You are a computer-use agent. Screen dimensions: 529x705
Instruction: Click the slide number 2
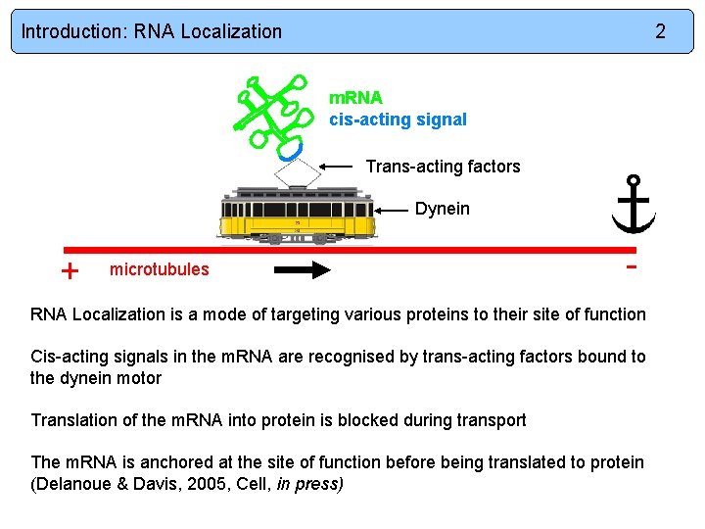[660, 31]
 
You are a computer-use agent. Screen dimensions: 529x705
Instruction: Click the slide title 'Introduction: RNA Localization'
[152, 31]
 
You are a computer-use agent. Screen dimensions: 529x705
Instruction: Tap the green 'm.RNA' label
[355, 98]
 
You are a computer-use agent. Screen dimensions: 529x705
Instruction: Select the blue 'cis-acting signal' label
[398, 120]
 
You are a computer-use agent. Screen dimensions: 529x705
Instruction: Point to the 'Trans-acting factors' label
[443, 167]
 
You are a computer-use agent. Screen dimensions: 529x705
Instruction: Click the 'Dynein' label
[442, 209]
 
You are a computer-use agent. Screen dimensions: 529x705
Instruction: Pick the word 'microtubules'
[159, 269]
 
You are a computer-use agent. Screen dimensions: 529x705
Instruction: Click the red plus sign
[70, 271]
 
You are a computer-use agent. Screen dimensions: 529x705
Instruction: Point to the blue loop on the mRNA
[290, 150]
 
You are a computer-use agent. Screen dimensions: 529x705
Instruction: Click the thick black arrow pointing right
[304, 270]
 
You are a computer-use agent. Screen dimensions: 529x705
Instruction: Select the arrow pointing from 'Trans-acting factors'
[337, 167]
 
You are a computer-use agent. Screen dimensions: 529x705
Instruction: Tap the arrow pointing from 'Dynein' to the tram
[392, 210]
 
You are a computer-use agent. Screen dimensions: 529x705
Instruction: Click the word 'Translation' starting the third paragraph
[71, 420]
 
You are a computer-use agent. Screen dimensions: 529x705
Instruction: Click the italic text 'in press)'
[310, 483]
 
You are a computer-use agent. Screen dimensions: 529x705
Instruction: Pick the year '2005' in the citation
[211, 483]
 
